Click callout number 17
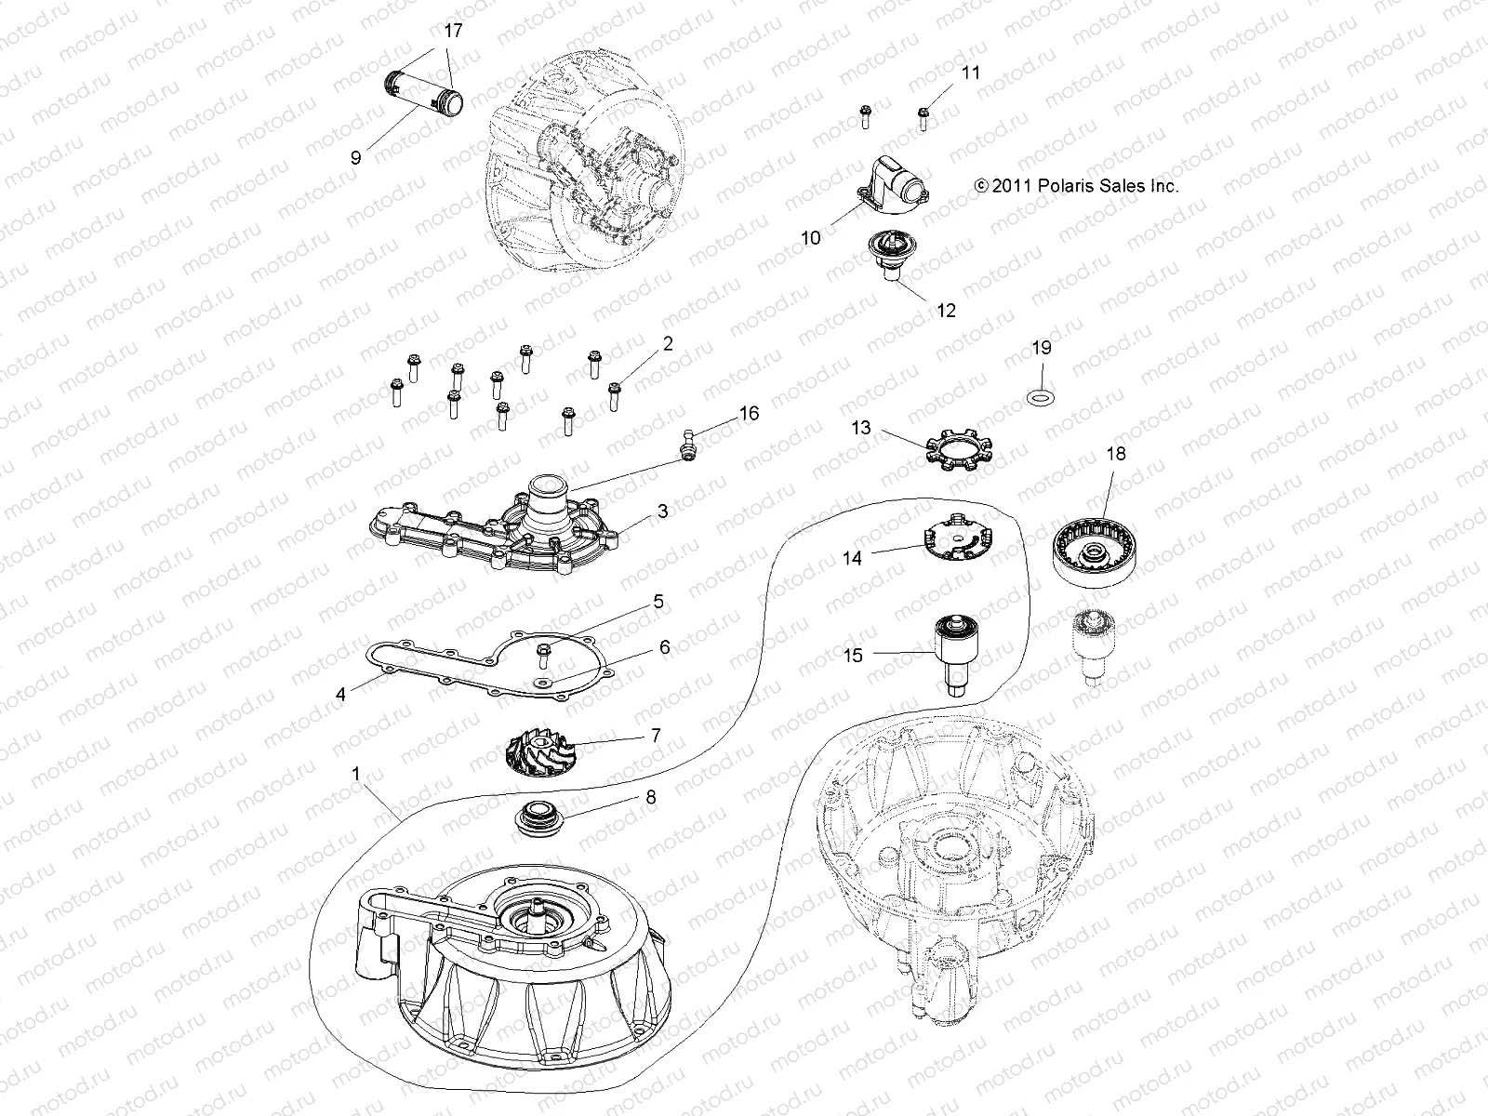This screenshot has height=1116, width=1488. point(453,31)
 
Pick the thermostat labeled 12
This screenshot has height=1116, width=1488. point(885,260)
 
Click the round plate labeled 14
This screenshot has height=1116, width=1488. point(955,541)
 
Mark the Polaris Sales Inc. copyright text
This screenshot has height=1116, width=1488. point(1076,186)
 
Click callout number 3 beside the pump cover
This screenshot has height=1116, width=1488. point(662,511)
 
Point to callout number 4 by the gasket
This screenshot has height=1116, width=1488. point(340,695)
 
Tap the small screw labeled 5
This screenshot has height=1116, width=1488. point(543,655)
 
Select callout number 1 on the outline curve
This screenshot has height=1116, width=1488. point(355,774)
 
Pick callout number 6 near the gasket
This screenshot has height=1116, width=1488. point(664,647)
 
